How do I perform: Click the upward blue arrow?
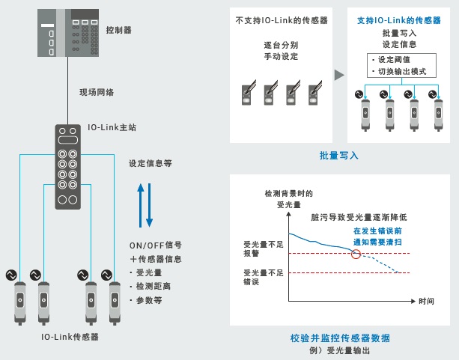pos(139,202)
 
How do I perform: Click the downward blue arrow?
pos(149,204)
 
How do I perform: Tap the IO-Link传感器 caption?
pos(70,337)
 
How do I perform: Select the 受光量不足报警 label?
pos(259,249)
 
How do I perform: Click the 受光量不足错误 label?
pos(259,278)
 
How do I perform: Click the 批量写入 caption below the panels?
pos(338,156)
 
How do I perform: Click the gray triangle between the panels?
pos(338,75)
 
